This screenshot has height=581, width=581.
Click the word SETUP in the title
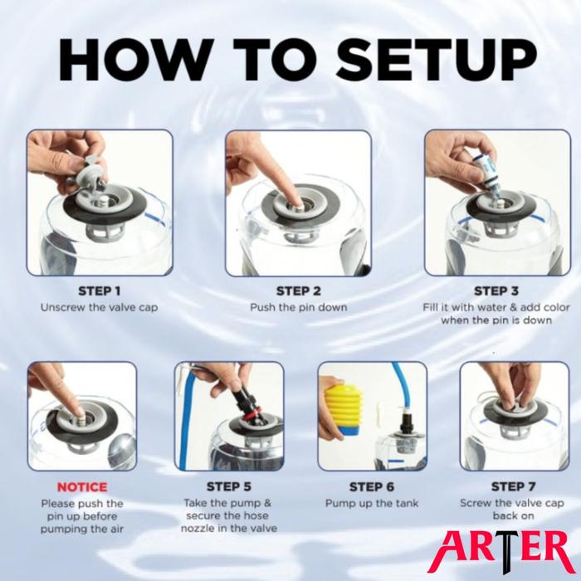(x=437, y=61)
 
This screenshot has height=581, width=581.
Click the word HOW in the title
(x=134, y=61)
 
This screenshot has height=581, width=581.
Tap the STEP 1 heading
(x=100, y=291)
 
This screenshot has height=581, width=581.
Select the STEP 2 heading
(x=298, y=291)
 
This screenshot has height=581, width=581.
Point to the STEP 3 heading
(x=496, y=291)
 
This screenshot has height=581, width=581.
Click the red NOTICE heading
(x=82, y=487)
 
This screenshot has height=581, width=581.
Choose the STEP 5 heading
(x=228, y=486)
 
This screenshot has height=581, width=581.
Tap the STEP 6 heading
(x=372, y=486)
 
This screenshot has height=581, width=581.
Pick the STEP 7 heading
(x=513, y=486)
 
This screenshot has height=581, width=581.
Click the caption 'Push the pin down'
(x=298, y=308)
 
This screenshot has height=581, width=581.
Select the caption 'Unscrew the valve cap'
(x=99, y=308)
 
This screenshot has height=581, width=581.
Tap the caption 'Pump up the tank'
(x=372, y=504)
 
